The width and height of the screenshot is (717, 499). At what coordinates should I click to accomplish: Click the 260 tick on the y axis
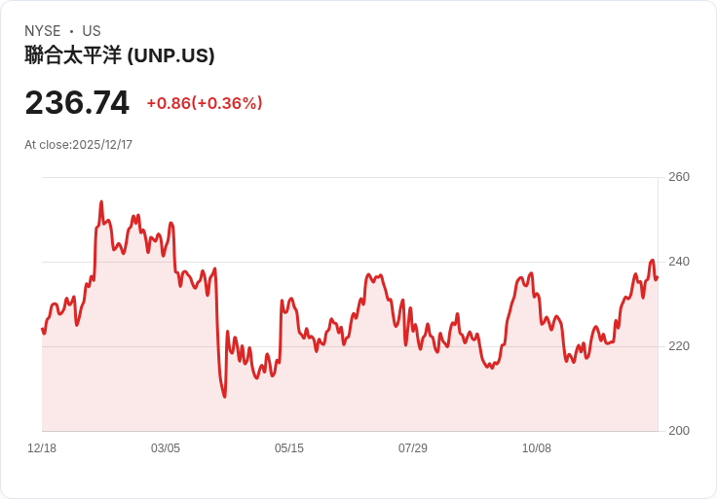(x=679, y=177)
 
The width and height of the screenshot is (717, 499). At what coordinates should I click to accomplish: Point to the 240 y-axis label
(x=679, y=262)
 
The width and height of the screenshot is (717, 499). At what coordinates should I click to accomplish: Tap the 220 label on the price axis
(x=679, y=346)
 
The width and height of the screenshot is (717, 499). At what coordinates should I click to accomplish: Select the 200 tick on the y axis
(x=679, y=431)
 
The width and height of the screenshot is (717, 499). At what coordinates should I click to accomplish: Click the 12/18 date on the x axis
(x=42, y=448)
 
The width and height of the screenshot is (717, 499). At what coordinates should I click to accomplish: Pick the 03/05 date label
(x=166, y=448)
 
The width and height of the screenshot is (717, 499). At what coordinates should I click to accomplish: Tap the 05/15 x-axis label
(x=289, y=448)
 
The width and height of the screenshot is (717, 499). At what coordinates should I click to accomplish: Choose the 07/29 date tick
(x=413, y=448)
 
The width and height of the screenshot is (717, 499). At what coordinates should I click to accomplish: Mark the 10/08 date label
(x=537, y=448)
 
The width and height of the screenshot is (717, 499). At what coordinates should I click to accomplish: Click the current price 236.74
(x=77, y=103)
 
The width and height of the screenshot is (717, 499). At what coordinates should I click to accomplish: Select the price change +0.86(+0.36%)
(x=205, y=103)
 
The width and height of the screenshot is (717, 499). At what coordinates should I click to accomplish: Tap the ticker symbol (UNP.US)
(x=170, y=56)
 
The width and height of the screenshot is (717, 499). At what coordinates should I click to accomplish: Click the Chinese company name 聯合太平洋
(x=73, y=55)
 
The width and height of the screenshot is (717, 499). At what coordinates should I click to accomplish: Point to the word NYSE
(x=43, y=31)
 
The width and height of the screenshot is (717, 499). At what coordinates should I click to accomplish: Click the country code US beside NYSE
(x=92, y=31)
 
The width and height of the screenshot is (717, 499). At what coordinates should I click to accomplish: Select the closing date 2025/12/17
(x=102, y=145)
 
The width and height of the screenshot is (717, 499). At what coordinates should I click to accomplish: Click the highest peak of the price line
(x=101, y=201)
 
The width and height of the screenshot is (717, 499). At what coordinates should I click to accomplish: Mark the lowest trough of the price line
(x=224, y=397)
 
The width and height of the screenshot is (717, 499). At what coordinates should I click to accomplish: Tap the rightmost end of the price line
(x=658, y=277)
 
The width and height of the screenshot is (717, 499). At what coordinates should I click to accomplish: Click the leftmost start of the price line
(x=43, y=329)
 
